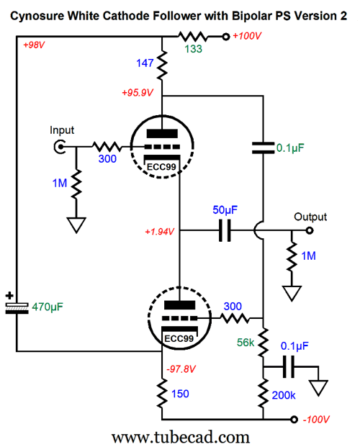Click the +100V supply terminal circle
point(226,37)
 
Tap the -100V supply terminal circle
point(294,420)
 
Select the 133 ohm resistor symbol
point(193,37)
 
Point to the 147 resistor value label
point(145,63)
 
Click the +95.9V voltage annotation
point(138,93)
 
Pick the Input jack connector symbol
point(60,147)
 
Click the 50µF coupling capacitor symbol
point(225,230)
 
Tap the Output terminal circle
point(310,230)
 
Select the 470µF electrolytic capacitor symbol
point(17,308)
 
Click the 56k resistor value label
point(246,343)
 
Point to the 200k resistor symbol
point(263,393)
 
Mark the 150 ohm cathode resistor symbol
point(162,394)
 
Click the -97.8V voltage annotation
point(181,369)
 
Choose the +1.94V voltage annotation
point(159,232)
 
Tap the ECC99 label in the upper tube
point(161,167)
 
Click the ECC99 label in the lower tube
point(179,339)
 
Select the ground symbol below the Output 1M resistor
point(292,294)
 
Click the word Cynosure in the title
point(37,16)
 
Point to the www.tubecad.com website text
point(180,437)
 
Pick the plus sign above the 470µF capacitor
point(9,296)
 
